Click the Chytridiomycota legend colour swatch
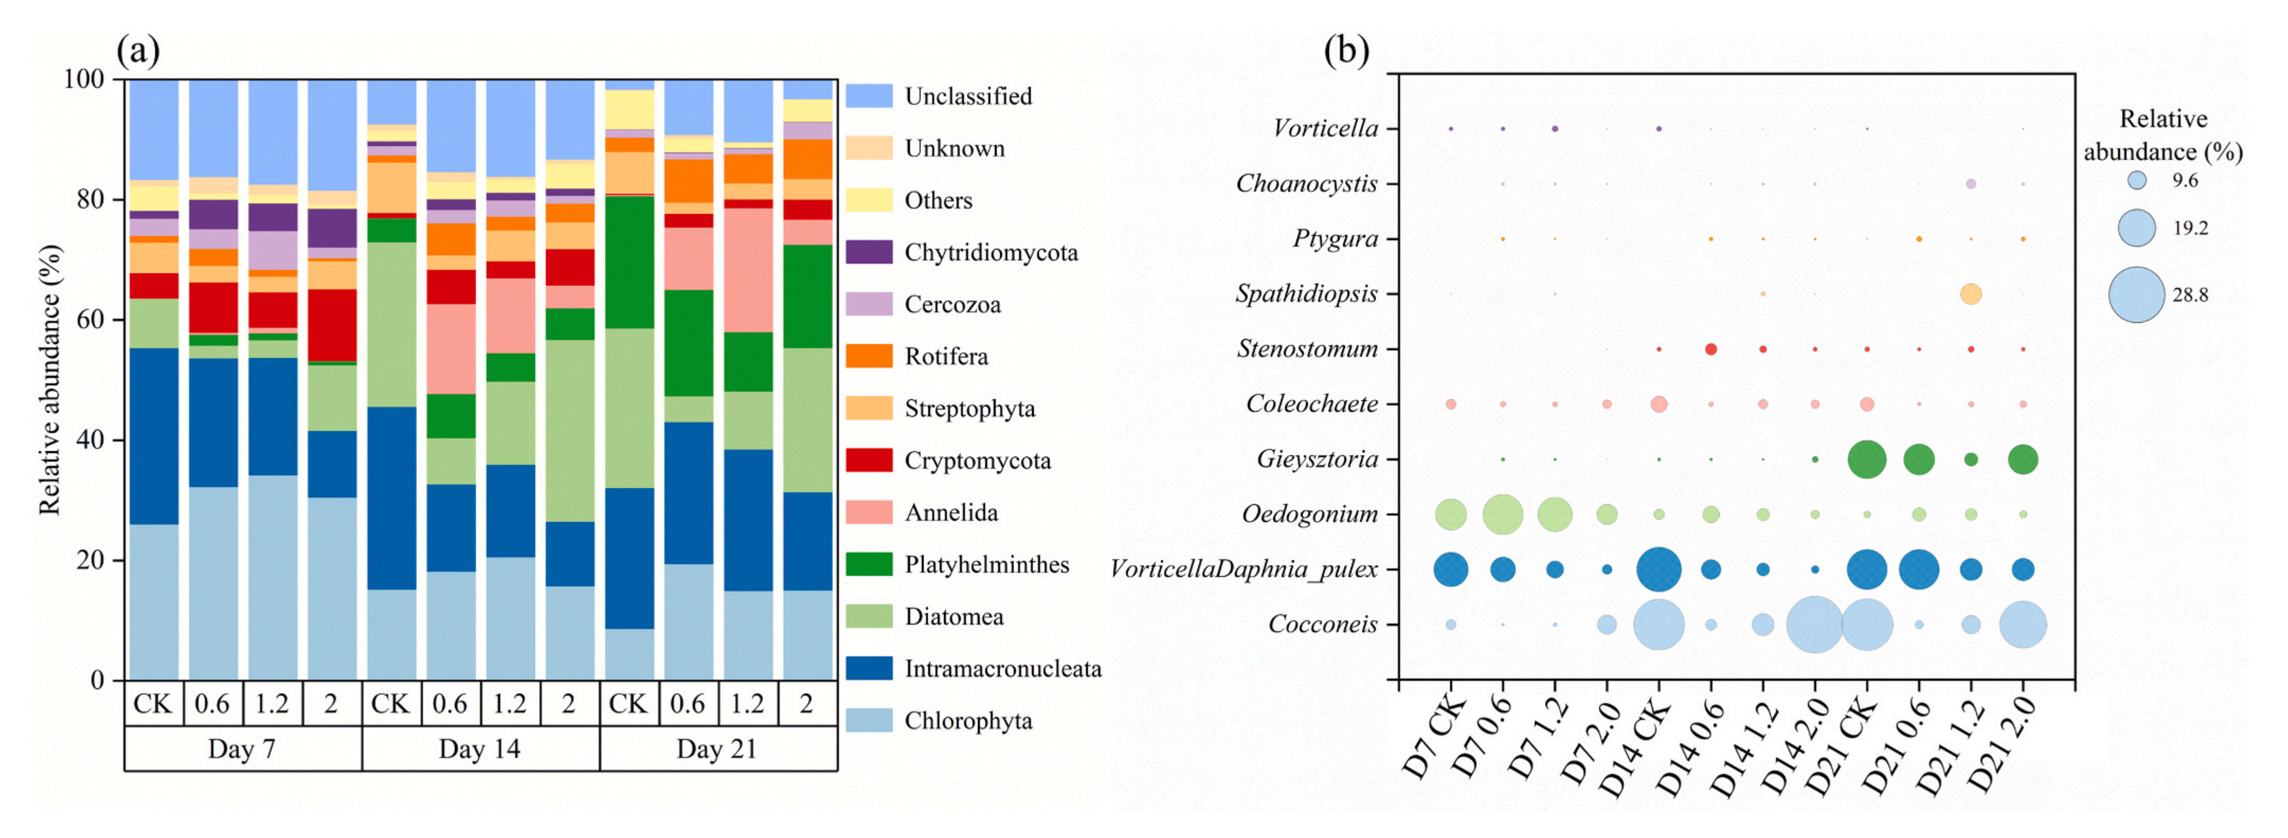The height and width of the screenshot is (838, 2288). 869,252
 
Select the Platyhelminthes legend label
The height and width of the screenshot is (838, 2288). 986,564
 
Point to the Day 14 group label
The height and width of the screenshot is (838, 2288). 480,749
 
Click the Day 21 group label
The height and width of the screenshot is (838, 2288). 717,749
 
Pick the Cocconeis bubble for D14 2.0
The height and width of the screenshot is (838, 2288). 1815,625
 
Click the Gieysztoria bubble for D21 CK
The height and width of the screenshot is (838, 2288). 1867,459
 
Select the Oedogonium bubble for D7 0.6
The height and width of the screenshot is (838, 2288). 1503,514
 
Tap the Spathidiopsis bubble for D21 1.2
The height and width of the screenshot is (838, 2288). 1971,294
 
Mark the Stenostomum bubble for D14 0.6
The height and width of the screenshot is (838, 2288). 1711,349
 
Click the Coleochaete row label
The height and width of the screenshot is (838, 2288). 1312,404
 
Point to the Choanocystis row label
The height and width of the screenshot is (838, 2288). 1307,184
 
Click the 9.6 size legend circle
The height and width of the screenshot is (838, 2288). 2137,181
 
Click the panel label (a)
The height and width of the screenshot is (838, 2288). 139,51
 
